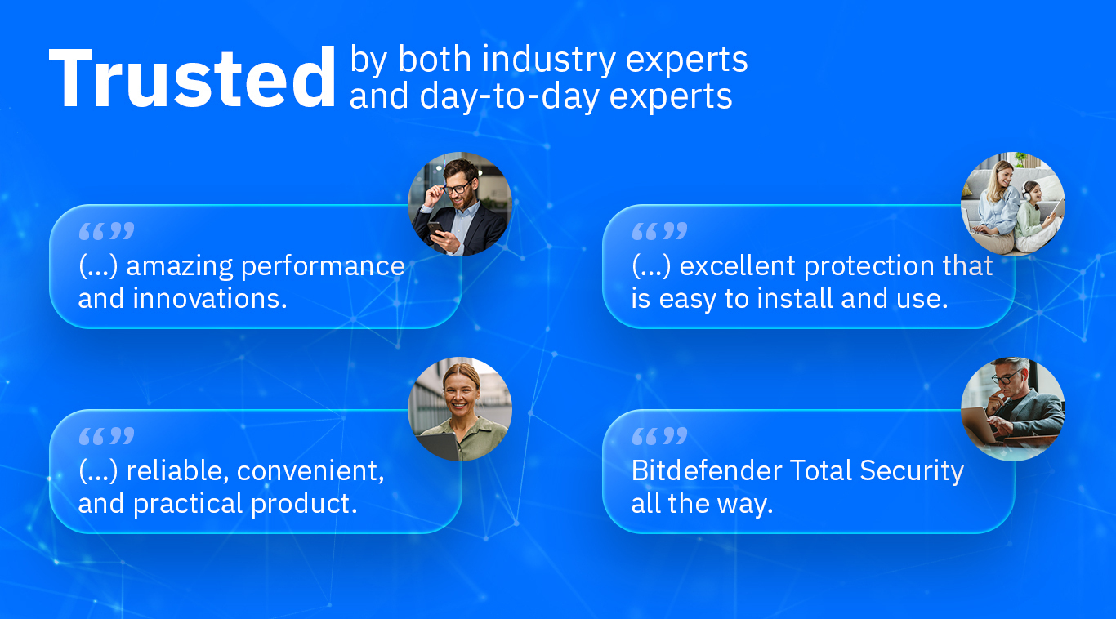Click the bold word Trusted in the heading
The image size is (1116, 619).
click(193, 79)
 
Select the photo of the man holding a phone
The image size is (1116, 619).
click(460, 204)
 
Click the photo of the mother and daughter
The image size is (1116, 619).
click(1013, 204)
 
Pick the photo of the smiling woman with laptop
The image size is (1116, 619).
click(460, 409)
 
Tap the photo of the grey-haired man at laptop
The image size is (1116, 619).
click(1013, 409)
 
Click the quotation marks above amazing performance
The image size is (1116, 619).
click(106, 232)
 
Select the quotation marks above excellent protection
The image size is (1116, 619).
click(659, 232)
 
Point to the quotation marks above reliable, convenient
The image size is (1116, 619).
click(106, 437)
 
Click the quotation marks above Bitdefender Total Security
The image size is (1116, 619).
click(659, 437)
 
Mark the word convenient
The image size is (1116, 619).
click(310, 471)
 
